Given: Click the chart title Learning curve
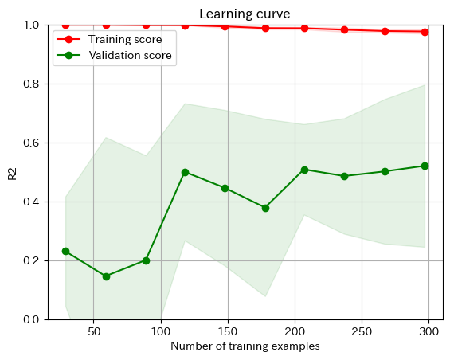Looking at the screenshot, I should click(245, 14).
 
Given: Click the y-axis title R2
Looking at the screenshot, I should click(12, 173).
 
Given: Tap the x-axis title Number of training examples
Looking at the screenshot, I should click(245, 346).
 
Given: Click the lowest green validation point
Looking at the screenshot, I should click(106, 276).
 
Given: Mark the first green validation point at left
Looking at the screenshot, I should click(65, 251).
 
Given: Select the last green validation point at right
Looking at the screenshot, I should click(425, 166).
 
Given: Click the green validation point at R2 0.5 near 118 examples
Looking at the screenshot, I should click(185, 172).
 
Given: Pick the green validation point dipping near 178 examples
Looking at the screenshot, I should click(265, 208).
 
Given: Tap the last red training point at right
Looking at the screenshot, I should click(425, 32).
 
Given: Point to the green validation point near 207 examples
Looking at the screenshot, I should click(304, 170).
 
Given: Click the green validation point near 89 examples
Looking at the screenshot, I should click(146, 260).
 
